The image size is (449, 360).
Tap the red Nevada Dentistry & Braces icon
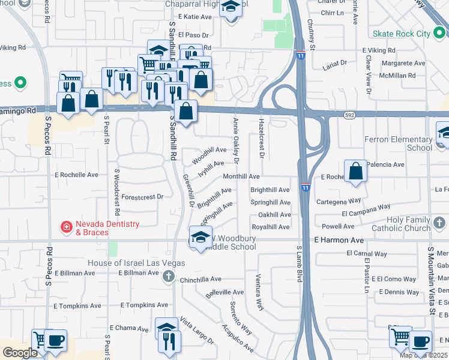pos(67,227)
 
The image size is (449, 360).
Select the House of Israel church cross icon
pos(169,277)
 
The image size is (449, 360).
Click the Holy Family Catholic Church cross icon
pos(440,224)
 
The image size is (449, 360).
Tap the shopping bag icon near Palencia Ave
pos(356,170)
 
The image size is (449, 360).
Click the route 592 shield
pos(350,114)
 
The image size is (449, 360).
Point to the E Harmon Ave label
pos(339,240)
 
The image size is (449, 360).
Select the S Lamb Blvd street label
pos(299,263)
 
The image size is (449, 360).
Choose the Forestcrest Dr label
pos(142,196)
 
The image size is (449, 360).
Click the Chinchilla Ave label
pos(200,279)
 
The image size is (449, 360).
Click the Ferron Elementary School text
pos(398,143)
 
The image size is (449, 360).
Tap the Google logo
pos(20,353)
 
